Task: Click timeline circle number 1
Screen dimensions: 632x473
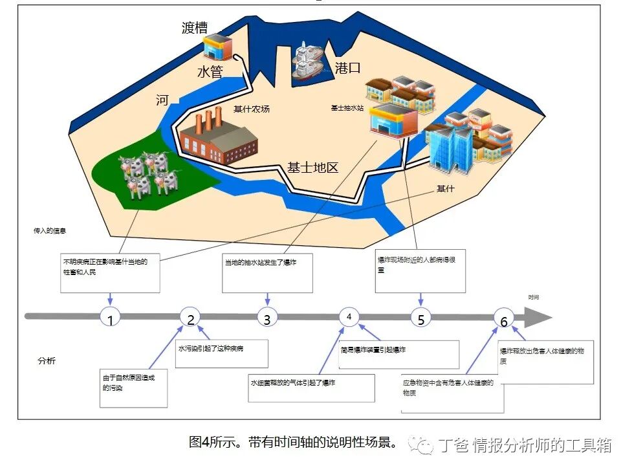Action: (111, 318)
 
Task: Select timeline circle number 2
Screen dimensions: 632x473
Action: (190, 317)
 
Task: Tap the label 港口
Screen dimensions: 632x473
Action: (347, 67)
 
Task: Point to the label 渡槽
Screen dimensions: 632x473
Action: (195, 27)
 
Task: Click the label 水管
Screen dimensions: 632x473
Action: (210, 72)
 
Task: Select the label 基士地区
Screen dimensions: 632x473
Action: (313, 168)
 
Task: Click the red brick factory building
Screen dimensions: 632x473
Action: (217, 138)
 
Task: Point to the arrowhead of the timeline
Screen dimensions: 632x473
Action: (538, 317)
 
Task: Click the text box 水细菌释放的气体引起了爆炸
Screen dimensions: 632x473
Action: (311, 388)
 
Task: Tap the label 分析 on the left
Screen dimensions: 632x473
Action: (46, 360)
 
